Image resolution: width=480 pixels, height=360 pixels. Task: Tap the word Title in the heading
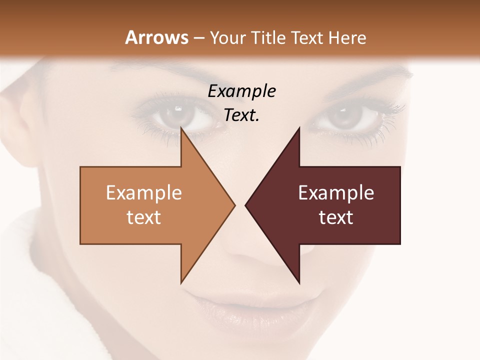coord(266,38)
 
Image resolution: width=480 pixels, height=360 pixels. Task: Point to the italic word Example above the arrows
coord(241,91)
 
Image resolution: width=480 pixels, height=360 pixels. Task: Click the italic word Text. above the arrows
coord(241,115)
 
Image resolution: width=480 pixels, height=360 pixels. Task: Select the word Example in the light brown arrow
coord(144,193)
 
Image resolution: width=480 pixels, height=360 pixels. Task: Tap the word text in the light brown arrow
coord(144,217)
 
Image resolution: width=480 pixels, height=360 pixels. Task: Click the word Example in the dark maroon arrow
coord(336,193)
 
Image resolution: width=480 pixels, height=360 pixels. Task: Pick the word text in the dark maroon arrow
coord(336,217)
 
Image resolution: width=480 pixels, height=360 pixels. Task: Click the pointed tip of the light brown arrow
coord(234,205)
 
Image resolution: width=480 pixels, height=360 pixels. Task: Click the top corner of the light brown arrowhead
coord(181,129)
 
